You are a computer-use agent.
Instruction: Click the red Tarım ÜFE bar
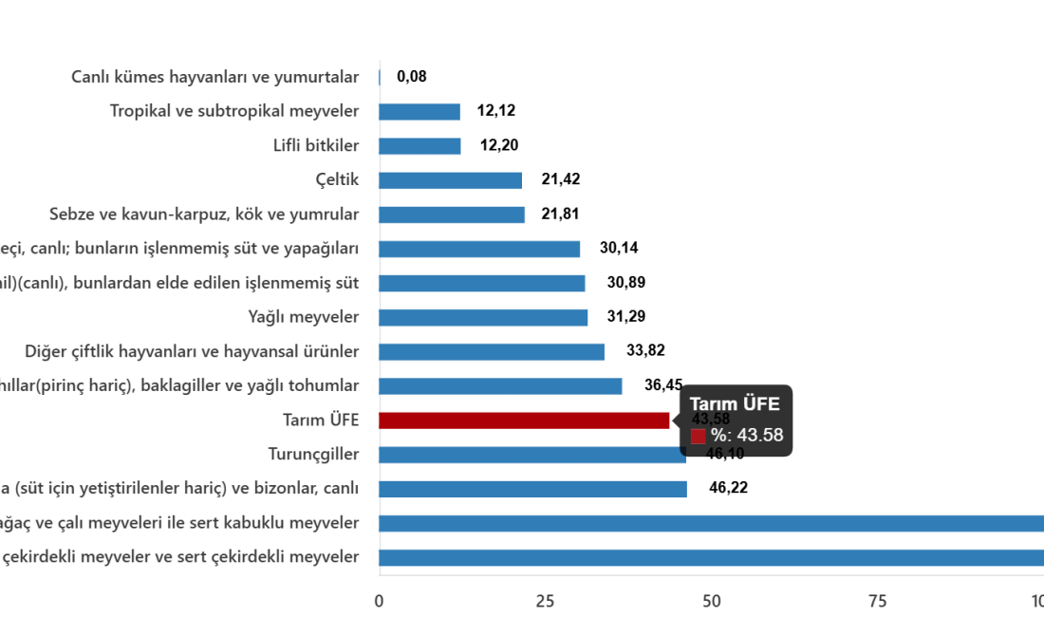tap(523, 421)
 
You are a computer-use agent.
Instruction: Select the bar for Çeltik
tap(450, 181)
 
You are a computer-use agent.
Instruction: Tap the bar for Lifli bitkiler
tap(419, 146)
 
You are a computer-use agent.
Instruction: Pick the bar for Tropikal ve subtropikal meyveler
tap(419, 112)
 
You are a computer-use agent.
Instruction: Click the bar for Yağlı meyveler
tap(483, 318)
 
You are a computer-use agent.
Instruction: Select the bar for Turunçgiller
tap(531, 455)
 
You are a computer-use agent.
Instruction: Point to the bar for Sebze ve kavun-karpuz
tap(452, 215)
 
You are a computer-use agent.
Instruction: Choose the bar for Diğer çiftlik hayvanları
tap(491, 352)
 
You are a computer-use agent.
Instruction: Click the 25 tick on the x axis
tap(545, 600)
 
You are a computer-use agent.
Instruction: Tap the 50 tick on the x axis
tap(711, 600)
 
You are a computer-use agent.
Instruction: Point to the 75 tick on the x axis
tap(877, 600)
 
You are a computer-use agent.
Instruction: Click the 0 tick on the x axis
tap(379, 600)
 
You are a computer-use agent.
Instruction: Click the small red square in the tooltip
tap(698, 437)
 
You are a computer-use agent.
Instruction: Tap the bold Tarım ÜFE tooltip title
tap(735, 404)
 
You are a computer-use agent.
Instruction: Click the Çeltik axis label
tap(337, 180)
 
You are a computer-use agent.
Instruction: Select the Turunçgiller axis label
tap(312, 454)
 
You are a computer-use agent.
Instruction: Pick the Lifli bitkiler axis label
tap(315, 146)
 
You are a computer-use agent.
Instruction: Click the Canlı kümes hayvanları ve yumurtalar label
tap(215, 77)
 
